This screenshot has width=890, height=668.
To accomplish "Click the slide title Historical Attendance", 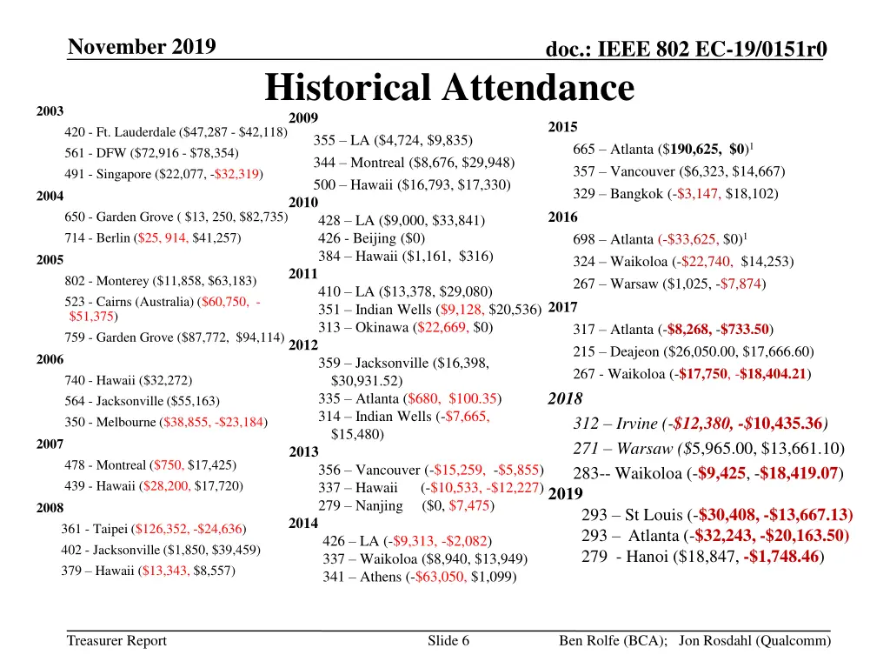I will [x=449, y=88].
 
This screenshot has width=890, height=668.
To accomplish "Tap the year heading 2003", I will [x=50, y=111].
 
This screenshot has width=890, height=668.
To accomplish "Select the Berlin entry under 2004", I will [x=152, y=237].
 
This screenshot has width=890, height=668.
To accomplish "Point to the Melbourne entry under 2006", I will [x=165, y=422].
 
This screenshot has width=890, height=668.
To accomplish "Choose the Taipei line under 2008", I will [x=152, y=529].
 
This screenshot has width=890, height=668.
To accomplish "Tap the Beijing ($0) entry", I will [x=371, y=237].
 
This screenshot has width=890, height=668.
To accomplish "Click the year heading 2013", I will [x=303, y=451].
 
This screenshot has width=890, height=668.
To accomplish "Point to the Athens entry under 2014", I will [x=419, y=577].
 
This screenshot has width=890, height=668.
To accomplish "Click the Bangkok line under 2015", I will [x=675, y=194].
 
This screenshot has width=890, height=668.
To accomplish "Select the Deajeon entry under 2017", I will [x=693, y=352].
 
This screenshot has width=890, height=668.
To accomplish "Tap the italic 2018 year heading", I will [x=565, y=399].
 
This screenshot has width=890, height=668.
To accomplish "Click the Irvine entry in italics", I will [x=701, y=424].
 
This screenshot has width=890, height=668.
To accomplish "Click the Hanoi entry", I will [x=702, y=557].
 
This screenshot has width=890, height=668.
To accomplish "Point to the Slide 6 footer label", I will [x=448, y=641].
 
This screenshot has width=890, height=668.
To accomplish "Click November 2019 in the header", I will [x=142, y=46].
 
